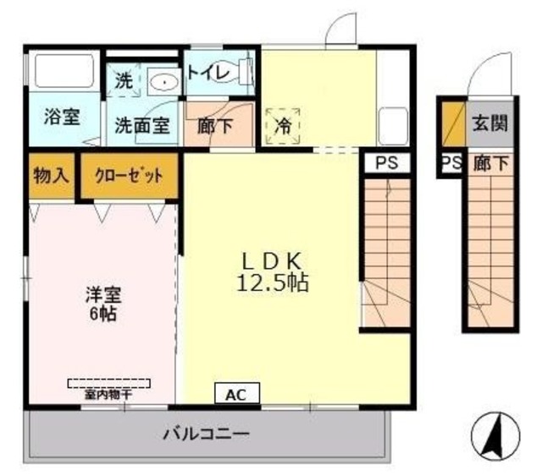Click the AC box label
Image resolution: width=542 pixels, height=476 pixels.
[x=236, y=394]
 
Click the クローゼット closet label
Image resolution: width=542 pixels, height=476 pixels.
[x=129, y=176]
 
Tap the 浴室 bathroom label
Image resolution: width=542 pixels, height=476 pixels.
[x=61, y=118]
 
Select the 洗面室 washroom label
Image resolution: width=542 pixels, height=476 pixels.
[x=142, y=126]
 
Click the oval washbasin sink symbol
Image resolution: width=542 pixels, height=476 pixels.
[x=162, y=82]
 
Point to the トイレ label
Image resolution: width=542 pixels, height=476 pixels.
[x=207, y=73]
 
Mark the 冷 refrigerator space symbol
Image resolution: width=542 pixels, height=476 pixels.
[x=283, y=126]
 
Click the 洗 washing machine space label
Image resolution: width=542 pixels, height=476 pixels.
[x=124, y=81]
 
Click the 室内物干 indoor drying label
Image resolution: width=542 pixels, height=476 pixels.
[x=108, y=393]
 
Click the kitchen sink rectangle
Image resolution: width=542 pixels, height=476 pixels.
[x=392, y=126]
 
